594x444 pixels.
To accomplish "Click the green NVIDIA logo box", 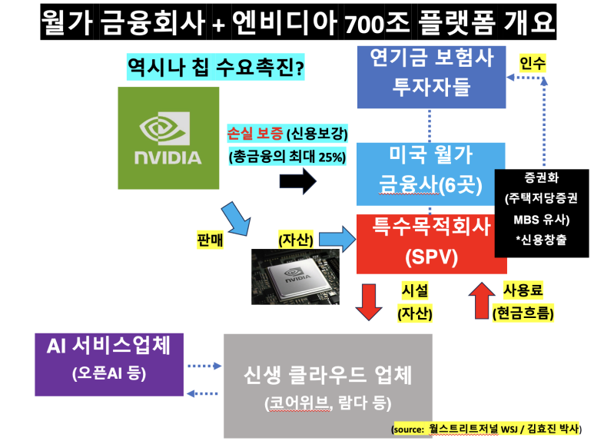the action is [168, 138].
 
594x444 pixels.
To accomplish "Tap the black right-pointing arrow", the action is [297, 181].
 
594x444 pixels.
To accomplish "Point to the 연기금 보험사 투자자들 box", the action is [432, 77].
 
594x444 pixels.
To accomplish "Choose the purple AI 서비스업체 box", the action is [109, 364].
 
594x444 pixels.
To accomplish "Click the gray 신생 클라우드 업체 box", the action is [327, 386].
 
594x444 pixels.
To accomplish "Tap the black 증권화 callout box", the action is [542, 214].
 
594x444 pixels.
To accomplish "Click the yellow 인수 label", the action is [533, 63].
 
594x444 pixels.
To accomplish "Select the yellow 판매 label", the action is [210, 240].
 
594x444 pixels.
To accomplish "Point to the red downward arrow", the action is [369, 302].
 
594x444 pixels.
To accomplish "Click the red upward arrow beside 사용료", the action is [482, 300].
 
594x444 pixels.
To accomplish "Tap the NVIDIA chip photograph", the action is [296, 277].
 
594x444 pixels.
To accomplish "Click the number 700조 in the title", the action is [377, 23].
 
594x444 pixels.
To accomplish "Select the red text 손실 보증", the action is [255, 133].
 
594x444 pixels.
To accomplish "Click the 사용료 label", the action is [523, 290].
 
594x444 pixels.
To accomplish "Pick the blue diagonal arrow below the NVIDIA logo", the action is [236, 219].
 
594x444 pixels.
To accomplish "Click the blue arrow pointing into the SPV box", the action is [337, 239].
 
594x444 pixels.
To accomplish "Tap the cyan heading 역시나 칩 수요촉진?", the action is [216, 67].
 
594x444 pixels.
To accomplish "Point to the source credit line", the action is [486, 429].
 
